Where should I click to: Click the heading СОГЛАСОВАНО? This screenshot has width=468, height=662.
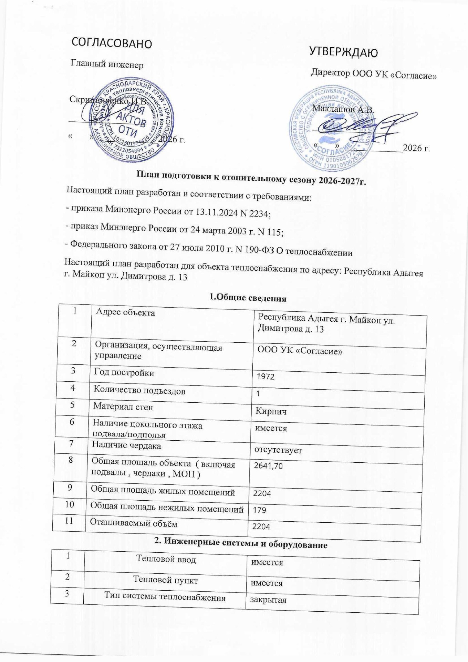pyautogui.click(x=111, y=43)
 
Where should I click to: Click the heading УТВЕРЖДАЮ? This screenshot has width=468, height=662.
pyautogui.click(x=343, y=52)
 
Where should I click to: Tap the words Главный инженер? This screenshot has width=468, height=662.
pyautogui.click(x=107, y=64)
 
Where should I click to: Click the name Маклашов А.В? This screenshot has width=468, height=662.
pyautogui.click(x=343, y=110)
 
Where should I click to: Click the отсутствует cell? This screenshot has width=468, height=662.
pyautogui.click(x=278, y=450)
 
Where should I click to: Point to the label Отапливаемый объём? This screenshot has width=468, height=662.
pyautogui.click(x=134, y=523)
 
